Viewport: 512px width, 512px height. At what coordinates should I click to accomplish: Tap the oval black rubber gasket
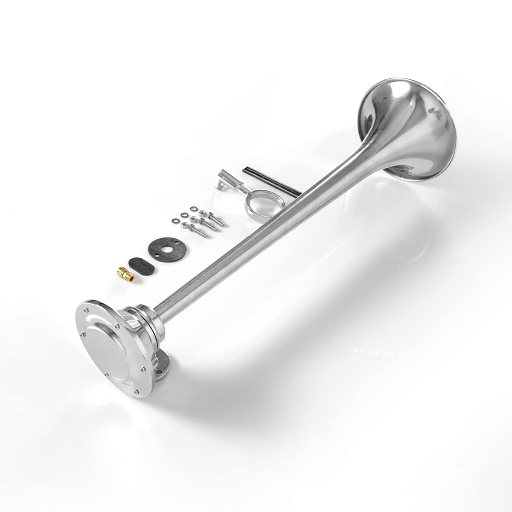pyautogui.click(x=142, y=262)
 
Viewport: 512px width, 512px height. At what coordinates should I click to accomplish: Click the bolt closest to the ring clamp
pyautogui.click(x=215, y=219)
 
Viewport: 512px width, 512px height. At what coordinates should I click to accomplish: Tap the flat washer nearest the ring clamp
pyautogui.click(x=194, y=209)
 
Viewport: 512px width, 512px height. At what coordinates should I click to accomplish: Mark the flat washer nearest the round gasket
pyautogui.click(x=175, y=221)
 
